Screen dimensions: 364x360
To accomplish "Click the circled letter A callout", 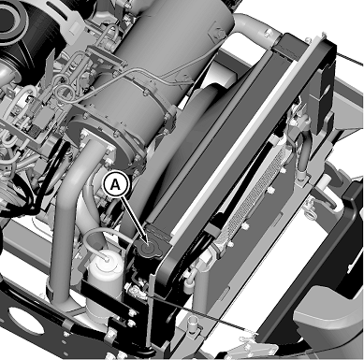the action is click(116, 184).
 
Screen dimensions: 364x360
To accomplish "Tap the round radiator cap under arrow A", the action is click(148, 249).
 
